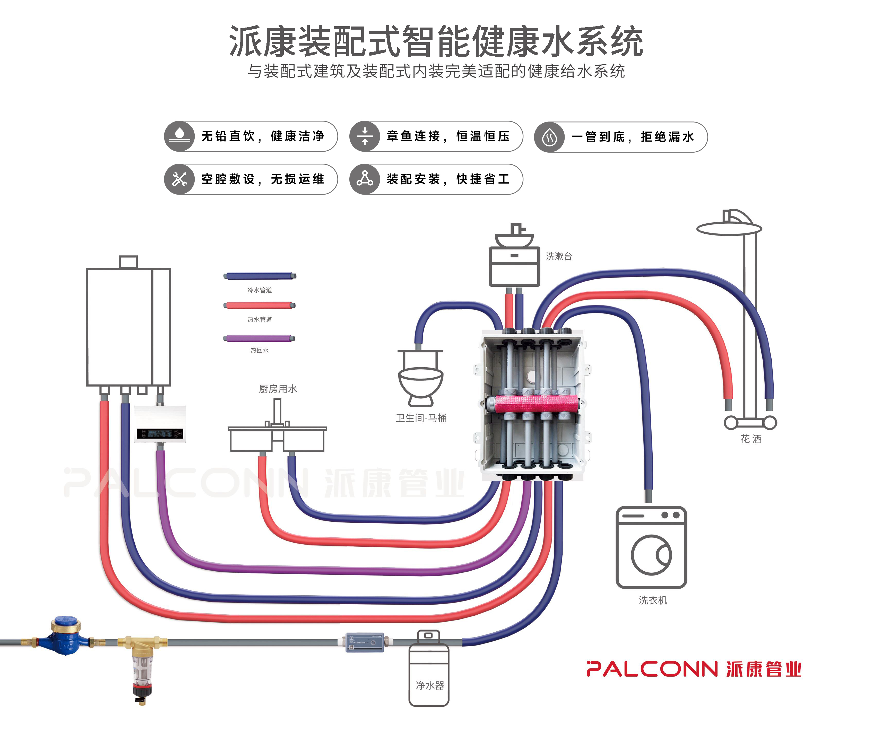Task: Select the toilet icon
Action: [420, 378]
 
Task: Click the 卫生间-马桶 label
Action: [421, 418]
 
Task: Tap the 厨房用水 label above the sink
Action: [278, 389]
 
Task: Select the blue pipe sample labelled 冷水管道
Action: [259, 276]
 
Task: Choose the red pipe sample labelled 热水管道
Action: [259, 306]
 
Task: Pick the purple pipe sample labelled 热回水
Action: [259, 338]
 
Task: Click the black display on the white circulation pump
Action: [160, 433]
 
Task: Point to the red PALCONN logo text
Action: [651, 669]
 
